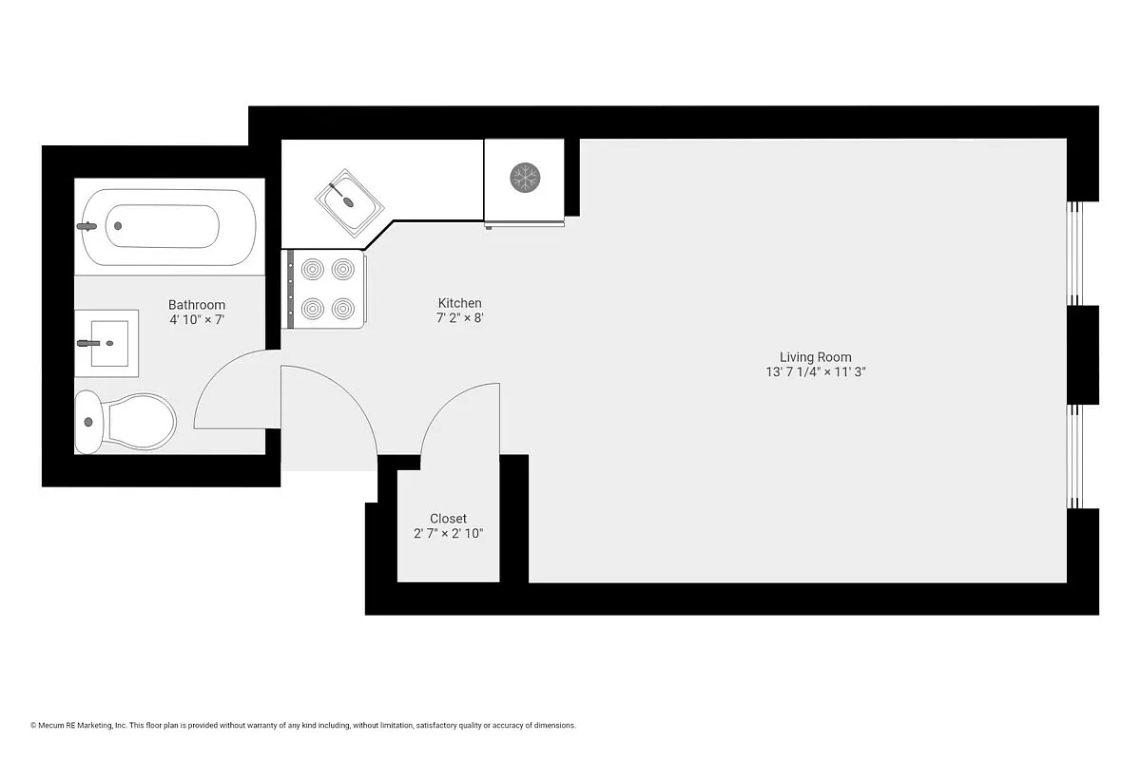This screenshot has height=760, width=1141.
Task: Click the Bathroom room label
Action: click(197, 305)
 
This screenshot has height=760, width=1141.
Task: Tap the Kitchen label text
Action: click(459, 303)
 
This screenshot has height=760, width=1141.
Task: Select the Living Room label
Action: click(816, 357)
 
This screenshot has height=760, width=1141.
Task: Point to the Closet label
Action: click(448, 519)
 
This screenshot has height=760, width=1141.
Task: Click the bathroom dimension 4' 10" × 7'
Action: click(197, 320)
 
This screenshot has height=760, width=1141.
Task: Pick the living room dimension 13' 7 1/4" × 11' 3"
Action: click(816, 372)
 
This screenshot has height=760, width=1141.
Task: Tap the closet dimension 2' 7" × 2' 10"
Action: click(448, 534)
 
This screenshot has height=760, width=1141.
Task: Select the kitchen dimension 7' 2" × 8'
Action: click(459, 318)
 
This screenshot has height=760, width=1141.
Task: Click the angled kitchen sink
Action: click(350, 202)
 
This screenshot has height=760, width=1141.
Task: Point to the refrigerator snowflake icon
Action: click(525, 177)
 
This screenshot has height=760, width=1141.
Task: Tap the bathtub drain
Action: click(118, 226)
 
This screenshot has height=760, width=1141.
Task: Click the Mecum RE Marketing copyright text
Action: click(303, 726)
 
